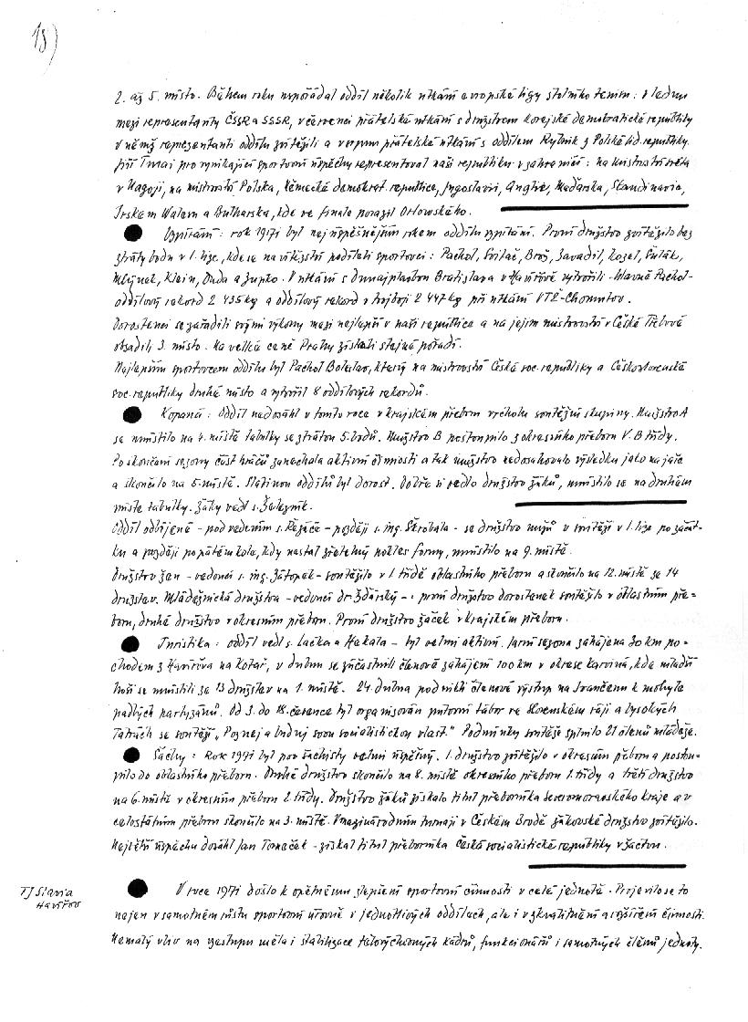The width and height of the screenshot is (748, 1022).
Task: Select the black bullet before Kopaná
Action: point(134,412)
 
